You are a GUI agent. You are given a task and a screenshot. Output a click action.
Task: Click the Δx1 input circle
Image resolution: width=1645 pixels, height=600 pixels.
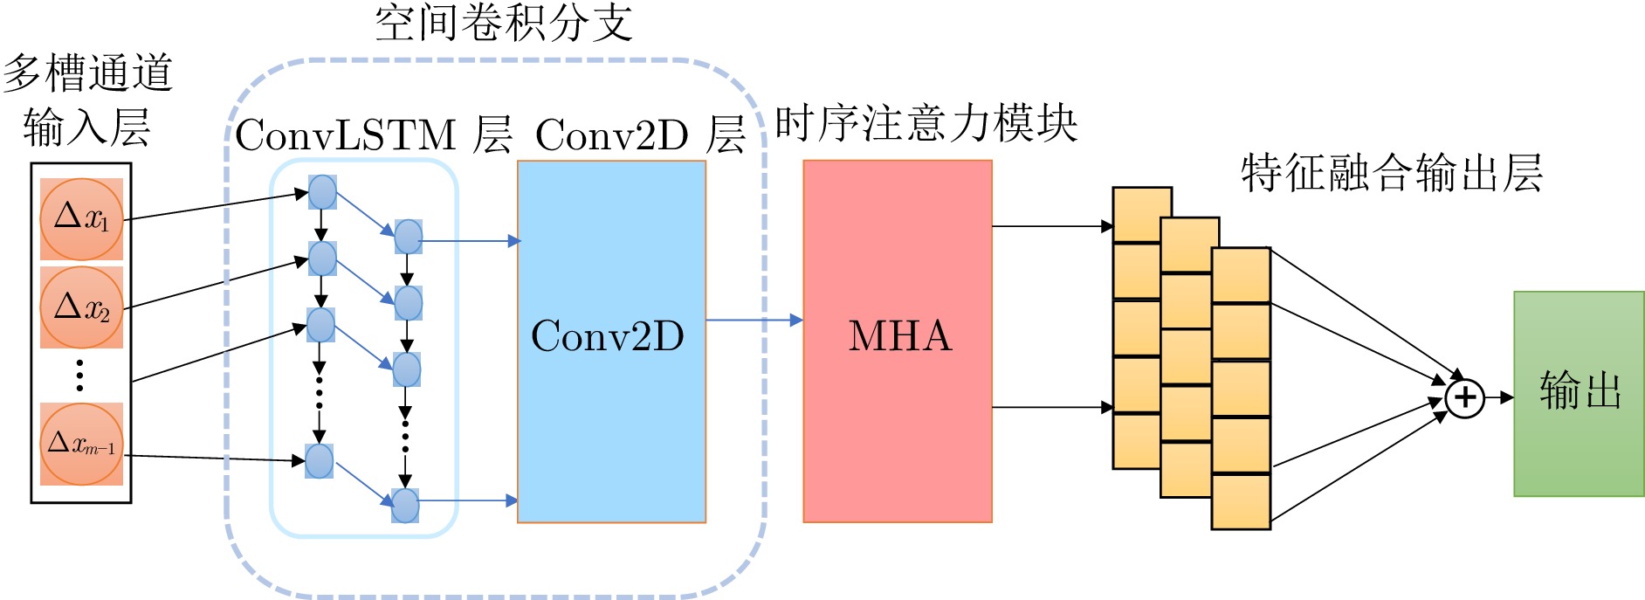click(81, 218)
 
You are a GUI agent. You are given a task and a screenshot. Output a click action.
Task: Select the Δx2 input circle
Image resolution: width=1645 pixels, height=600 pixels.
click(81, 307)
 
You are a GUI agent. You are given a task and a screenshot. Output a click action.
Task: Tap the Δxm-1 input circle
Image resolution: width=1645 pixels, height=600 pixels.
click(81, 444)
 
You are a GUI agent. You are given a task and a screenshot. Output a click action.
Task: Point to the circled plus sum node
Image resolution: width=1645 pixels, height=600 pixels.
click(1464, 398)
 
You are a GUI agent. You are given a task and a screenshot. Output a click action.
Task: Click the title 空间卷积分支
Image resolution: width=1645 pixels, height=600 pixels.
click(504, 23)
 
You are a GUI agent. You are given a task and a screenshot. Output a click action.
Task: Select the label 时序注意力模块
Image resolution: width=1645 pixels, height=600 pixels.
click(926, 123)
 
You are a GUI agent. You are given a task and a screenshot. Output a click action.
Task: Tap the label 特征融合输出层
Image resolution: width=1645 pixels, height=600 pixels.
click(1392, 172)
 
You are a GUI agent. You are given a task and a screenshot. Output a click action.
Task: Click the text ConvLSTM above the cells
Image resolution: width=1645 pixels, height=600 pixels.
click(346, 135)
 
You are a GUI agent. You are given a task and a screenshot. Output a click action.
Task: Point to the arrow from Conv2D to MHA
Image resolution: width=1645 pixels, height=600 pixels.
click(754, 321)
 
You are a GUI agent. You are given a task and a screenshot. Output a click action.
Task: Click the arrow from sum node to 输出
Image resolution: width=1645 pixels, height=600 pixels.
click(1499, 398)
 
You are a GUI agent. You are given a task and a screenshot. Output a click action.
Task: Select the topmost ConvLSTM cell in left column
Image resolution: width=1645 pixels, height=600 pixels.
click(322, 192)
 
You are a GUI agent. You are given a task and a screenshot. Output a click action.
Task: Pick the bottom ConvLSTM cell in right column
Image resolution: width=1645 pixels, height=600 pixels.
click(405, 505)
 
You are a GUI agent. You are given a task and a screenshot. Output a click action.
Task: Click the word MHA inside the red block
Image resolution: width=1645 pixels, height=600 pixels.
click(899, 336)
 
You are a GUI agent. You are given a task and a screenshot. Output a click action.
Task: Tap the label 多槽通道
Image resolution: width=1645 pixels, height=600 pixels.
click(87, 72)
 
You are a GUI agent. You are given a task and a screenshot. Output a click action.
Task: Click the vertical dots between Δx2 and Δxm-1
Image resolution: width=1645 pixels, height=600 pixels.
click(80, 375)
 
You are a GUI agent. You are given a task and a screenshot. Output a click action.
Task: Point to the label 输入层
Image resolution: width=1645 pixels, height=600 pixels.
click(86, 128)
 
